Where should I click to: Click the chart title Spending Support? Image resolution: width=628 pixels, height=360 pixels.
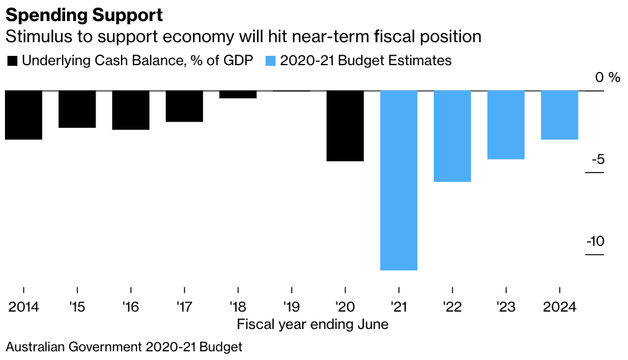tap(84, 14)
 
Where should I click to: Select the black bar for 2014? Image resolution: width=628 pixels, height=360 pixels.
tap(24, 115)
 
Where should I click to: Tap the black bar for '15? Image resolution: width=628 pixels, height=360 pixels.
tap(77, 109)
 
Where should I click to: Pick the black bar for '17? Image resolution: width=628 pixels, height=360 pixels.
tap(184, 106)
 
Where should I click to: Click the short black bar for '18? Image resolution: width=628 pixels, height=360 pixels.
tap(238, 94)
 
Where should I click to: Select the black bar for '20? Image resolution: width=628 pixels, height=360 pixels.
tap(345, 126)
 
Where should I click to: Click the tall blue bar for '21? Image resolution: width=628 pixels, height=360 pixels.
tap(398, 180)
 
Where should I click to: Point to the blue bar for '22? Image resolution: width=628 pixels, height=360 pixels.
tap(452, 136)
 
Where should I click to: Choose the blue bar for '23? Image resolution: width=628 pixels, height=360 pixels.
tap(506, 125)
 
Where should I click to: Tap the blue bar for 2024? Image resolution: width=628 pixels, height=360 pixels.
tap(560, 115)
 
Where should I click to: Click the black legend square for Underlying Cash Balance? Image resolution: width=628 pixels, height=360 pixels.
tap(12, 61)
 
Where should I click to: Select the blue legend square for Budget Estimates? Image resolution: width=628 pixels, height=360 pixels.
tap(270, 61)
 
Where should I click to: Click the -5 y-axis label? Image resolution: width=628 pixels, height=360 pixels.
tap(598, 160)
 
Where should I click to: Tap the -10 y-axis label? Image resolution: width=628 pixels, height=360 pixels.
tap(595, 241)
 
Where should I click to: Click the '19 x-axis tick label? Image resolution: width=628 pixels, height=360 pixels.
tap(291, 307)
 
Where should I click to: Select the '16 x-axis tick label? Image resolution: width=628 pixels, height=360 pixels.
tap(130, 307)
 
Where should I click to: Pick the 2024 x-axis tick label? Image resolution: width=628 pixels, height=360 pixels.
tap(560, 307)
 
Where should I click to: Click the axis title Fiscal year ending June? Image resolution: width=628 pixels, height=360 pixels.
tap(313, 324)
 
